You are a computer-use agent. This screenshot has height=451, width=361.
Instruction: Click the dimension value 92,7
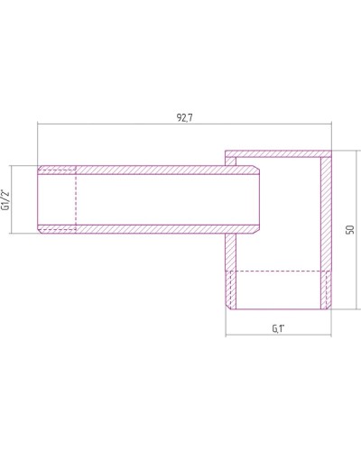tap(184, 115)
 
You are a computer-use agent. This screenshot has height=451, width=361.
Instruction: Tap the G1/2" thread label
tap(8, 199)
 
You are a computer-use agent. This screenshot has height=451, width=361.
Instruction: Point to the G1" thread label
tap(278, 327)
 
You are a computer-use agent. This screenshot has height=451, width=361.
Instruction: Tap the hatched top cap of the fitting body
tap(280, 154)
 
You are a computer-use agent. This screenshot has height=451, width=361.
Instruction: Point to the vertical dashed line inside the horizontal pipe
tap(78, 199)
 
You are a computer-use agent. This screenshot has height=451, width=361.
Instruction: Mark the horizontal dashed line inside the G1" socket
tap(278, 271)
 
